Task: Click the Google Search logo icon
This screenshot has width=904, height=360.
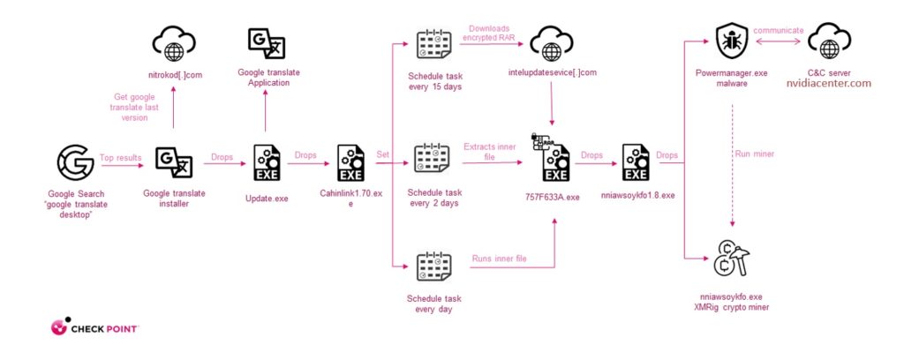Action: [x=75, y=162]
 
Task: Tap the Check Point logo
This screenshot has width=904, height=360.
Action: [x=96, y=329]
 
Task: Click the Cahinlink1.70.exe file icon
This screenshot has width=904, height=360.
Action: [x=350, y=162]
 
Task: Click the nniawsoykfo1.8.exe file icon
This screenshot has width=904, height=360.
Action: [x=637, y=162]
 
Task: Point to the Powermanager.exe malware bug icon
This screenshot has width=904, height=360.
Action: [x=733, y=41]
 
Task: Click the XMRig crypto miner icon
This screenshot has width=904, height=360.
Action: [x=733, y=259]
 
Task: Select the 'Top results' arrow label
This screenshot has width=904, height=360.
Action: [x=120, y=157]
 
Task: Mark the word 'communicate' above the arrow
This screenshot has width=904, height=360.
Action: [x=780, y=30]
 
